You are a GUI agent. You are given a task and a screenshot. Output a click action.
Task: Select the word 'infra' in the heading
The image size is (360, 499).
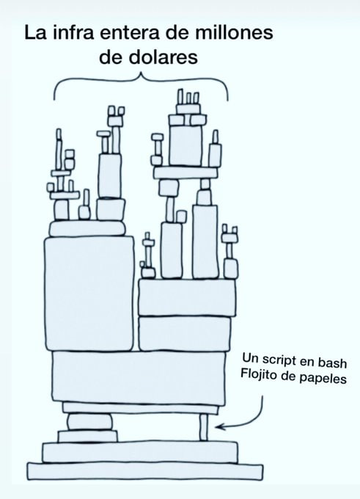(73, 32)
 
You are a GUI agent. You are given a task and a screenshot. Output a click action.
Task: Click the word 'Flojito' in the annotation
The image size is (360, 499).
(259, 374)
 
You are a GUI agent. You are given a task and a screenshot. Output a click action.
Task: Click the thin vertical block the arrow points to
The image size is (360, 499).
(204, 427)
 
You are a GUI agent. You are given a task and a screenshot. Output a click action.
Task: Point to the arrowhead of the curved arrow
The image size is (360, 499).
(217, 427)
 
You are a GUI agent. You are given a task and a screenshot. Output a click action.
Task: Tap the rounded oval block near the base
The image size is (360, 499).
(89, 422)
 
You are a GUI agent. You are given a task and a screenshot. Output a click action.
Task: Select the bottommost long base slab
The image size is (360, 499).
(145, 472)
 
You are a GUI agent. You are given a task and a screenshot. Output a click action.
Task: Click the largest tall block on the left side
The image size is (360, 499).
(89, 294)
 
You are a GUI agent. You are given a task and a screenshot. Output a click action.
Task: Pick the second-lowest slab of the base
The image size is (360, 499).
(140, 452)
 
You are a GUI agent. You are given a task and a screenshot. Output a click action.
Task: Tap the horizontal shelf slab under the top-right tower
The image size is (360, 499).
(185, 172)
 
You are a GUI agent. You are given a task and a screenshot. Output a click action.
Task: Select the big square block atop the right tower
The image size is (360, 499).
(185, 145)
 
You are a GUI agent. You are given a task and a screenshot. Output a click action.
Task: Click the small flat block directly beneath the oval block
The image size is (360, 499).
(88, 437)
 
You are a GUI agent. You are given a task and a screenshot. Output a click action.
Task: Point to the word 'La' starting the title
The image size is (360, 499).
(36, 33)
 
